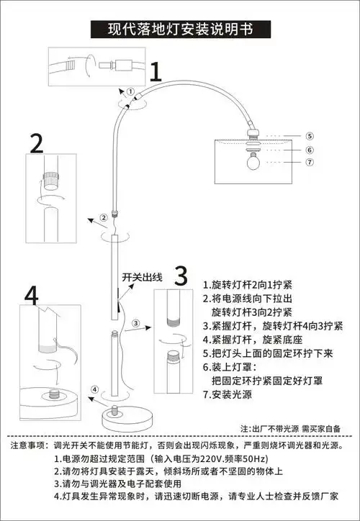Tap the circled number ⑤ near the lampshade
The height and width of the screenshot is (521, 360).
point(308,135)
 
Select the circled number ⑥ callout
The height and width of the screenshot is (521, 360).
point(308,150)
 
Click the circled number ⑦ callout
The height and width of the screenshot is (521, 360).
point(308,163)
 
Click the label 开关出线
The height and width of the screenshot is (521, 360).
point(143,276)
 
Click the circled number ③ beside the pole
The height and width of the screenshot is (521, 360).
point(137,323)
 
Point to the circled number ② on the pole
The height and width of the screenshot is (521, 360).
point(104,217)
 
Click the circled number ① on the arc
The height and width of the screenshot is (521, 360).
point(130,91)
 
